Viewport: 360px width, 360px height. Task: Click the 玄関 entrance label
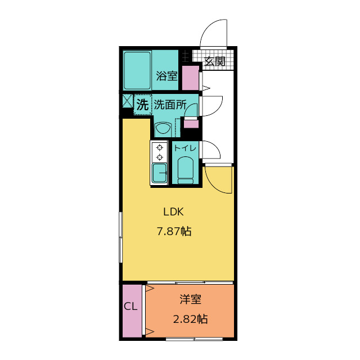click(x=214, y=61)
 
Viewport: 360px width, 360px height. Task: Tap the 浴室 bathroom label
click(x=166, y=76)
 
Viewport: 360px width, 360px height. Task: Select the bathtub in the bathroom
click(x=137, y=70)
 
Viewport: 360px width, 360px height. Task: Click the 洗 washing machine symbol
click(x=143, y=105)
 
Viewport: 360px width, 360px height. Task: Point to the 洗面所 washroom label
click(x=170, y=105)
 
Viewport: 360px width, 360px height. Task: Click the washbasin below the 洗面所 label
click(x=163, y=129)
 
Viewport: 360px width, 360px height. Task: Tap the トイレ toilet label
click(x=185, y=148)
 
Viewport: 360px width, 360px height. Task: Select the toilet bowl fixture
click(x=185, y=169)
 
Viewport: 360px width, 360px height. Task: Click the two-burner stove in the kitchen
click(x=159, y=152)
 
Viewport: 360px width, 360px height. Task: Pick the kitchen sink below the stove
click(x=159, y=173)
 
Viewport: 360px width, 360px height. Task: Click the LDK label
click(x=174, y=212)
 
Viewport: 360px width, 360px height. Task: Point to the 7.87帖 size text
click(x=174, y=231)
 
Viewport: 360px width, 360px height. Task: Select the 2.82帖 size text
click(x=190, y=319)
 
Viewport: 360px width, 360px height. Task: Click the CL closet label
click(x=130, y=307)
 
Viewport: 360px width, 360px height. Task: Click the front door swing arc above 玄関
click(x=216, y=32)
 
